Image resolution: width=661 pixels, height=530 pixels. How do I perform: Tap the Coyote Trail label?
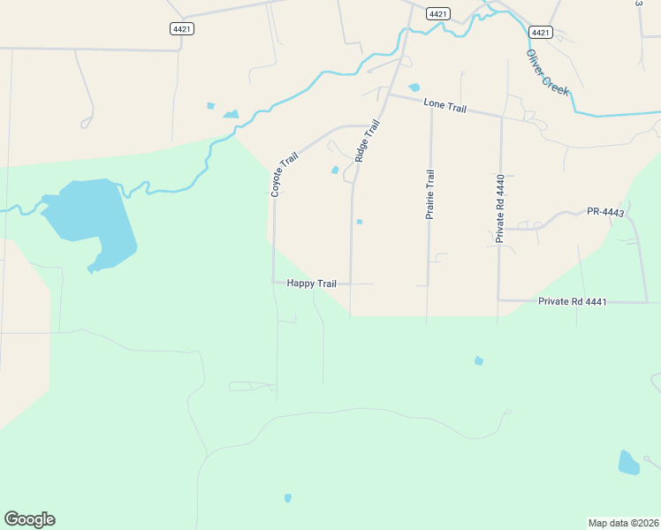(x=285, y=174)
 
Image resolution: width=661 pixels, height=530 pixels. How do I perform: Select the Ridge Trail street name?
(x=370, y=140)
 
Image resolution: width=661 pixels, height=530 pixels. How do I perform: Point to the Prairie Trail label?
(x=430, y=194)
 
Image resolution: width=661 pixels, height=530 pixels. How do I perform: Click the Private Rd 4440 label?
(x=499, y=208)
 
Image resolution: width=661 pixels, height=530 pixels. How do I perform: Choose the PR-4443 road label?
(x=605, y=212)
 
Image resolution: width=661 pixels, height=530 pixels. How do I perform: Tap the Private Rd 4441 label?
(x=573, y=302)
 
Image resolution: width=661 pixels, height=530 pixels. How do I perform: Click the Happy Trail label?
(x=311, y=284)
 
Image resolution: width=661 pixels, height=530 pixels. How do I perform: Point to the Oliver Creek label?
(x=548, y=72)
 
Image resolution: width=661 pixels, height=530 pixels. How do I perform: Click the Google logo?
(x=29, y=519)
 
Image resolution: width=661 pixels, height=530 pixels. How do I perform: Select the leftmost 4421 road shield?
(x=182, y=29)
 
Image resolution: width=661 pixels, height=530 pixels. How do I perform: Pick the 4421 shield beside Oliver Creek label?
(x=541, y=33)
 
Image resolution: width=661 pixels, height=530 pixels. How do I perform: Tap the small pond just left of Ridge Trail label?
(x=335, y=170)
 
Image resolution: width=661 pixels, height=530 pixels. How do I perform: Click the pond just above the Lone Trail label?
(x=414, y=87)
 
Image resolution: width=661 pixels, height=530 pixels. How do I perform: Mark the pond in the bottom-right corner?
(x=628, y=462)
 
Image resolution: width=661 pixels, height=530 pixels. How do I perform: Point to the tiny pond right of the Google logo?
(x=288, y=498)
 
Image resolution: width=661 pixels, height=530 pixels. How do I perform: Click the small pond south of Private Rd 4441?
(x=479, y=360)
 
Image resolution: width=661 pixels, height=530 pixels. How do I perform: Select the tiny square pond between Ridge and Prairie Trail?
(x=359, y=222)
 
